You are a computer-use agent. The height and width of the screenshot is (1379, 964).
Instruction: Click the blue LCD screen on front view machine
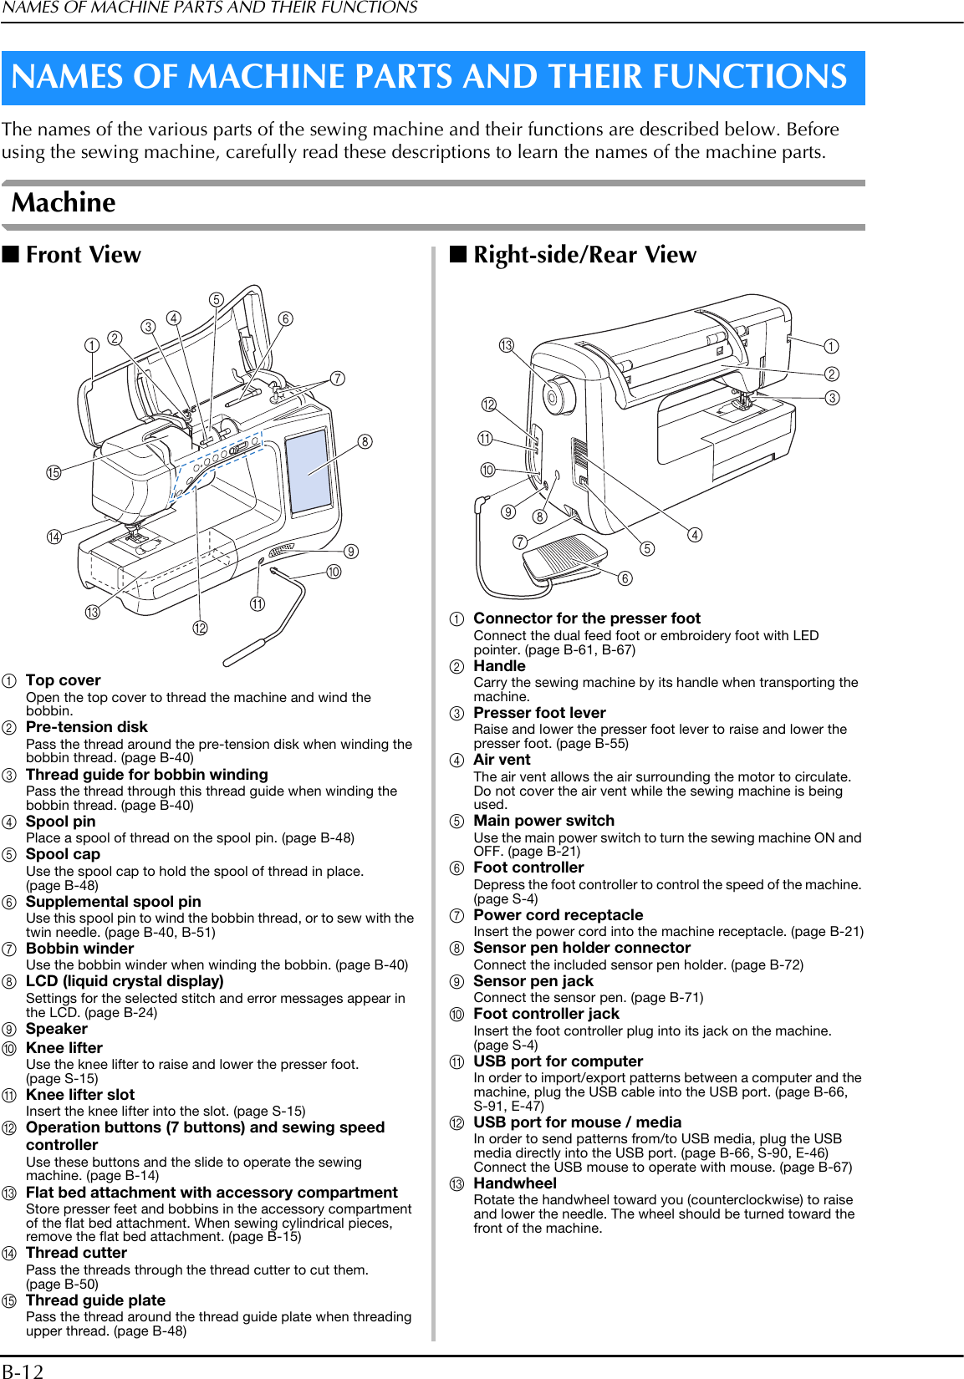(x=309, y=471)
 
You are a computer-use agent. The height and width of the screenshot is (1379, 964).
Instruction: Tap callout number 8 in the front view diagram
(x=365, y=442)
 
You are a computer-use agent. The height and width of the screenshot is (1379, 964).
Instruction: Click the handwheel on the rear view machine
(x=557, y=395)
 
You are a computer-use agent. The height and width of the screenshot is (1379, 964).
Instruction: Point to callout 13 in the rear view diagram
(x=507, y=345)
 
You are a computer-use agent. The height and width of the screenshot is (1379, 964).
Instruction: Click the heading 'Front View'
(x=83, y=255)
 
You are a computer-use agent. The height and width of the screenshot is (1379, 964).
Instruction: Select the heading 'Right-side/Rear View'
(x=584, y=255)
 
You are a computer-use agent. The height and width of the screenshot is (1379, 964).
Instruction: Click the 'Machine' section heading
(x=64, y=203)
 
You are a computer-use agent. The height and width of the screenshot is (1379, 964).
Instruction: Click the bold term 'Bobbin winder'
(x=79, y=949)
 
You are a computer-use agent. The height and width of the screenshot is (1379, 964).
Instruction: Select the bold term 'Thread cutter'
(x=76, y=1253)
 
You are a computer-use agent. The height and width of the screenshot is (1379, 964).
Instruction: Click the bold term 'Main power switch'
(x=543, y=821)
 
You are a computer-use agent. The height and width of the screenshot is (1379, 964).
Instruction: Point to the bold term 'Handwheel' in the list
(x=514, y=1183)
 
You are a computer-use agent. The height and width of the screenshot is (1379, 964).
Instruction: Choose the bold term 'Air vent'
(x=502, y=760)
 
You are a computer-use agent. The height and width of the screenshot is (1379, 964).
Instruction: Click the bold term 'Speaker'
(x=56, y=1029)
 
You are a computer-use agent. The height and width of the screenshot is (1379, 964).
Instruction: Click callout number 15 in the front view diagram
(x=54, y=473)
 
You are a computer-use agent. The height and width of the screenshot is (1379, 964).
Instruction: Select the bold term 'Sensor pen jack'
(x=533, y=981)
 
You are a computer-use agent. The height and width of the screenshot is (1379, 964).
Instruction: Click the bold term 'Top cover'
(x=63, y=680)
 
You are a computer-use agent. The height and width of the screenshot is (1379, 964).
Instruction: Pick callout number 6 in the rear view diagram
(x=625, y=578)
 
